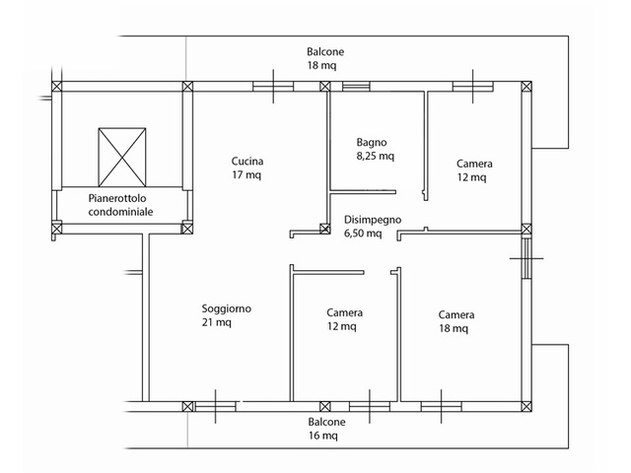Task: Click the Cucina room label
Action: tap(247, 168)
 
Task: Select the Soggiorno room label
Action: tap(227, 315)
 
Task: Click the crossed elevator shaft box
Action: tap(122, 158)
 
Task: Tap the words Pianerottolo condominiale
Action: tap(120, 205)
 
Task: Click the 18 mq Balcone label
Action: tap(325, 58)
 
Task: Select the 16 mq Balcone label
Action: tap(326, 429)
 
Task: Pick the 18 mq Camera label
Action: tap(456, 321)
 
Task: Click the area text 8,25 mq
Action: tap(375, 156)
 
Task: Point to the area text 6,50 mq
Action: tap(363, 234)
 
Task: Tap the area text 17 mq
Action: tap(246, 175)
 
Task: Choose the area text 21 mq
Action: tap(217, 322)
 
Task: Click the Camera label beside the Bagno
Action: tap(474, 170)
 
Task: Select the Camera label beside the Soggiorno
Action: tap(344, 319)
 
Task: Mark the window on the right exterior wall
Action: tap(526, 258)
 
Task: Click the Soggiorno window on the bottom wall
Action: tap(215, 407)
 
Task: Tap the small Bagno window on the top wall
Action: tap(356, 86)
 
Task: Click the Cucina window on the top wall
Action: tap(273, 87)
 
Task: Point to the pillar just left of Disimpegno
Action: tap(324, 229)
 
